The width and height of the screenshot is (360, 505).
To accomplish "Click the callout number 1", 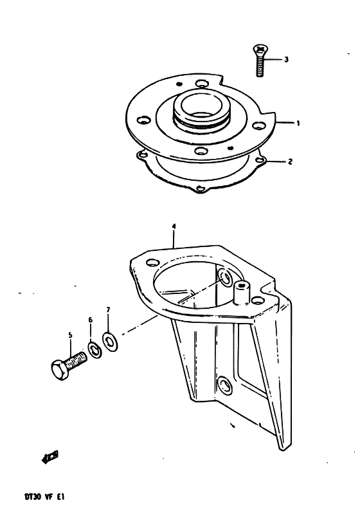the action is click(x=298, y=123).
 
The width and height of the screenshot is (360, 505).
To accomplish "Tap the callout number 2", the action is click(x=290, y=161).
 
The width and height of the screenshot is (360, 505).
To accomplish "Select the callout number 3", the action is click(x=286, y=60).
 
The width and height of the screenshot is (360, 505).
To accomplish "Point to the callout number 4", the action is click(x=174, y=226).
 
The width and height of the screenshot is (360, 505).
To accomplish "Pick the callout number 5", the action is click(x=71, y=336).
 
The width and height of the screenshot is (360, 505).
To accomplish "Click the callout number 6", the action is click(x=91, y=320).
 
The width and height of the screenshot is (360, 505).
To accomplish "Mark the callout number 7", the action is click(x=108, y=310).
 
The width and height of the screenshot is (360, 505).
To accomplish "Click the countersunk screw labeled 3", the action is click(x=260, y=60).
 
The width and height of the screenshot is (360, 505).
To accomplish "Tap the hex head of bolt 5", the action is click(x=60, y=369).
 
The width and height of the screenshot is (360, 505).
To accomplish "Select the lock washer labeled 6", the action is click(x=94, y=349).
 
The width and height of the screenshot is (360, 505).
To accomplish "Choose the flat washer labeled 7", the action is click(x=110, y=342).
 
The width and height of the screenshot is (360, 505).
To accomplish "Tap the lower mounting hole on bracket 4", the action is click(x=225, y=385).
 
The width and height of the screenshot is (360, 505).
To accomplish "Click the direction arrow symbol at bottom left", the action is click(x=50, y=457).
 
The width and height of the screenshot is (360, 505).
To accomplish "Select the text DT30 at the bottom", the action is click(x=32, y=496).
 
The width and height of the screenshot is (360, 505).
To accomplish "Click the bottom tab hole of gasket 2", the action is click(x=200, y=188).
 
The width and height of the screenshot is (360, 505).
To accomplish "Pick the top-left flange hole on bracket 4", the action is click(x=152, y=262).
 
